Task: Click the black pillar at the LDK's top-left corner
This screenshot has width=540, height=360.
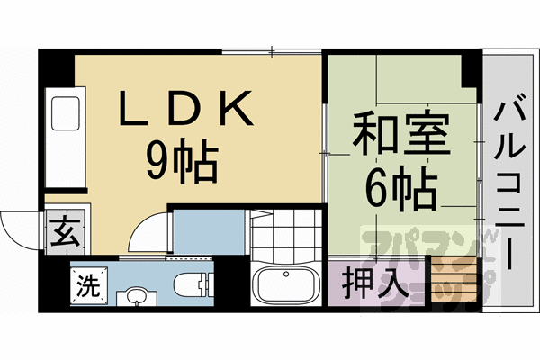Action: click(x=56, y=67)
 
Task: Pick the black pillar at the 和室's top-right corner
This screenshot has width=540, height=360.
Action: click(x=472, y=68)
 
